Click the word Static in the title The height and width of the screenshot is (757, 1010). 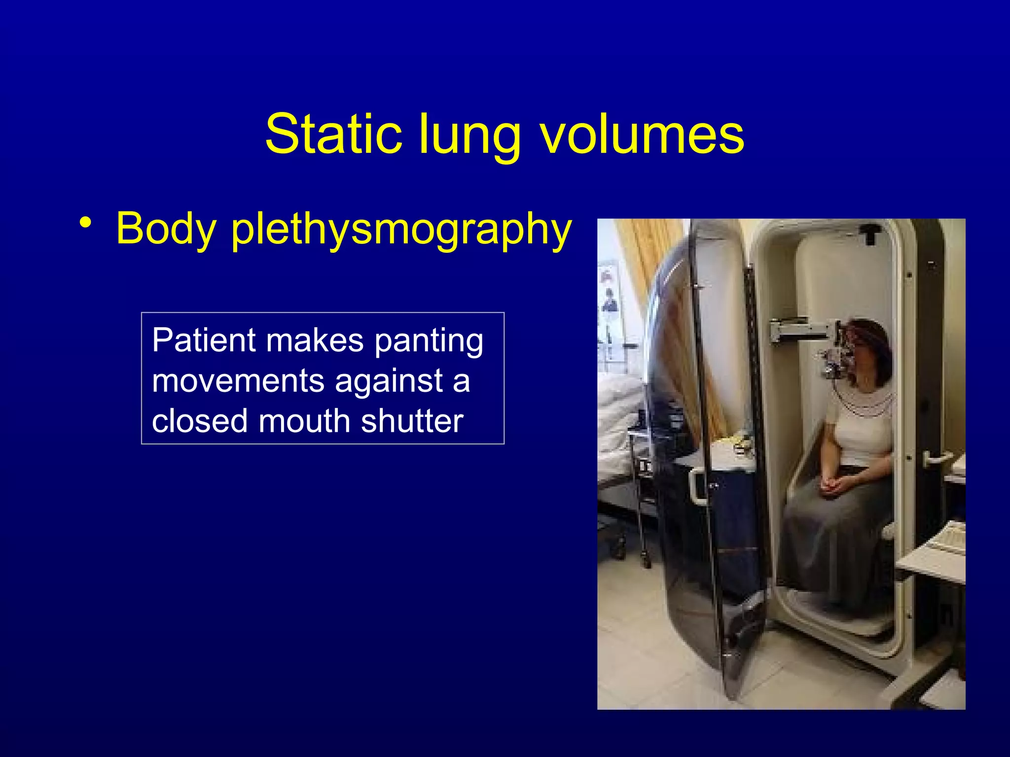coord(333,134)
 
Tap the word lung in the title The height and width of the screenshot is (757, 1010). coord(469,136)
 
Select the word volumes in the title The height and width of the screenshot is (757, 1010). coord(642,134)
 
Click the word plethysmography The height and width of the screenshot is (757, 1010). coord(401,230)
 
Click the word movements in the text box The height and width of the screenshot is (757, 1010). coord(238,381)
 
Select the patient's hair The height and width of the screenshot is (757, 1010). coord(875,340)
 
